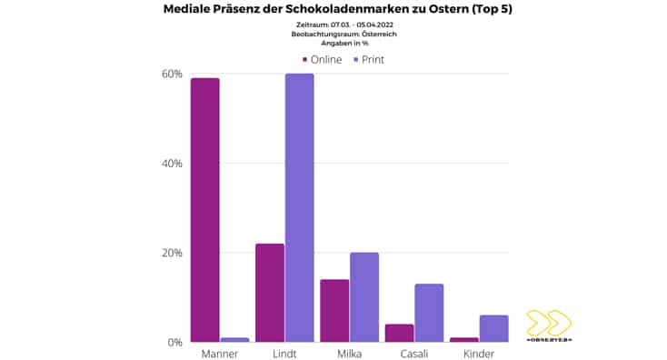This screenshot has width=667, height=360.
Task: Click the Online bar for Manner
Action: click(x=204, y=210)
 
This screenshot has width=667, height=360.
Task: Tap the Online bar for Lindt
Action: click(x=270, y=293)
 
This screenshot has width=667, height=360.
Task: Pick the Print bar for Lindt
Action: click(x=299, y=207)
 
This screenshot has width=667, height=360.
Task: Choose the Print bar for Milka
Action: click(x=363, y=297)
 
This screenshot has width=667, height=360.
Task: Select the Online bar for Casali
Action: click(x=400, y=333)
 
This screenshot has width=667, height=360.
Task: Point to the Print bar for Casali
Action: click(x=429, y=313)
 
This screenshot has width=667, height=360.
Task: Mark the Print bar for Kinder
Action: click(x=494, y=328)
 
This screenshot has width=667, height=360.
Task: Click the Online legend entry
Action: click(x=322, y=59)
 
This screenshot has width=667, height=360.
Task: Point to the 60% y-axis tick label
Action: click(x=171, y=74)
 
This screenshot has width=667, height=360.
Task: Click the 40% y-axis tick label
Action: click(x=171, y=164)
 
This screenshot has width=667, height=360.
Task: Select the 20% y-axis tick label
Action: click(x=171, y=253)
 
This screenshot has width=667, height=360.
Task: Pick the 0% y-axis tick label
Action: click(x=174, y=343)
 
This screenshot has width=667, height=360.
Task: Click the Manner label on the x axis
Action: click(x=220, y=353)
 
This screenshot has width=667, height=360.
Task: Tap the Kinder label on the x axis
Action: click(x=479, y=353)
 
